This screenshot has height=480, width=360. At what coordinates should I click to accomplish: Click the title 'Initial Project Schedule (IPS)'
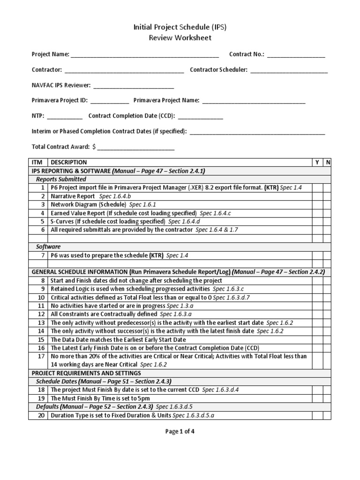tap(180, 28)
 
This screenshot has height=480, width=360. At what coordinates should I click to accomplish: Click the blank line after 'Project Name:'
tap(145, 55)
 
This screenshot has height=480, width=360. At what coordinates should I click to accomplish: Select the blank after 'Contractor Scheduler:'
tap(289, 70)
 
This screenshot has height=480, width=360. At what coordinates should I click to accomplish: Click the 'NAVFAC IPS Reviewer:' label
tap(61, 86)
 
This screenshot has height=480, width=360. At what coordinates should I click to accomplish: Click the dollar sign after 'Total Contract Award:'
tap(94, 147)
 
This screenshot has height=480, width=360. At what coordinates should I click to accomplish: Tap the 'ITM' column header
tap(37, 162)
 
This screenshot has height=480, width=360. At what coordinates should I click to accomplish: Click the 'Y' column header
tap(317, 162)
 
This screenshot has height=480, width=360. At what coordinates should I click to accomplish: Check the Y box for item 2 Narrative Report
tap(317, 196)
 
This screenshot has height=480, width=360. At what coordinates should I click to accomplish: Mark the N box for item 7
tap(328, 255)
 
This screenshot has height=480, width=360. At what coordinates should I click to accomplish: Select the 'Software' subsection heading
tap(48, 247)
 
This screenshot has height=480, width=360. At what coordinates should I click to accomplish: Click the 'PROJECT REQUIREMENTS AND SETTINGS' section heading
tap(86, 373)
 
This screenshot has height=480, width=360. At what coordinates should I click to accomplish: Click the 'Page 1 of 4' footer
tap(180, 432)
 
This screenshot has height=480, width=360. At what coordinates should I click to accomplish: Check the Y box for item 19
tap(317, 398)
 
